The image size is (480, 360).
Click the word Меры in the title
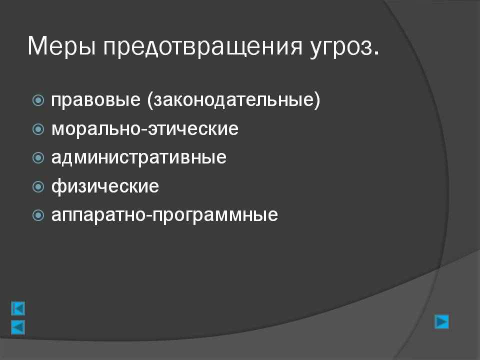click(x=61, y=47)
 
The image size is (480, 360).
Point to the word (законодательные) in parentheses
click(x=233, y=100)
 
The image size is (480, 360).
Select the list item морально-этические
click(x=145, y=128)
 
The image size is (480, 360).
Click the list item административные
click(x=139, y=157)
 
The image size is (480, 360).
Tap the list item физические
click(x=105, y=186)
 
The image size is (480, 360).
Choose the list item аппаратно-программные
click(x=164, y=215)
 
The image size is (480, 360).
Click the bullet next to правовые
click(x=38, y=100)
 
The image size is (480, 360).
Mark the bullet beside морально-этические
click(x=38, y=129)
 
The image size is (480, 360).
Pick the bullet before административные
click(x=38, y=157)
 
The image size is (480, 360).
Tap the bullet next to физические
click(x=38, y=186)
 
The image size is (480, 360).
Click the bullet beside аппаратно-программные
click(x=38, y=215)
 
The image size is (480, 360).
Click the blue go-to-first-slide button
click(x=18, y=308)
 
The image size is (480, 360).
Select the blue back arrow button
click(x=18, y=327)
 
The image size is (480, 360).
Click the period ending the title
click(x=376, y=53)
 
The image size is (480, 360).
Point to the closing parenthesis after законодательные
click(x=317, y=100)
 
